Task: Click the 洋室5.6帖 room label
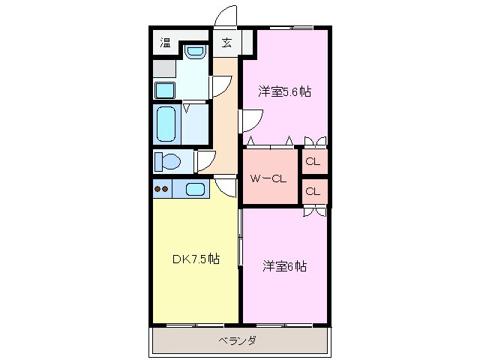(284, 92)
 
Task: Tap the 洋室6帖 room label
(284, 266)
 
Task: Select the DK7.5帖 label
(196, 259)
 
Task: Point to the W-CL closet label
(268, 179)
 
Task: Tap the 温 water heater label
(165, 42)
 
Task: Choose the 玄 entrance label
(226, 42)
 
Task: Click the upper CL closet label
(313, 162)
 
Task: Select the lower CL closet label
(313, 191)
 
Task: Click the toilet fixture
(169, 161)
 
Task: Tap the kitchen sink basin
(196, 189)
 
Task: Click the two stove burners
(162, 189)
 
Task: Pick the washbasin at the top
(194, 52)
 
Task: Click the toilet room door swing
(204, 161)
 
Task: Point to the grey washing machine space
(164, 68)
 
